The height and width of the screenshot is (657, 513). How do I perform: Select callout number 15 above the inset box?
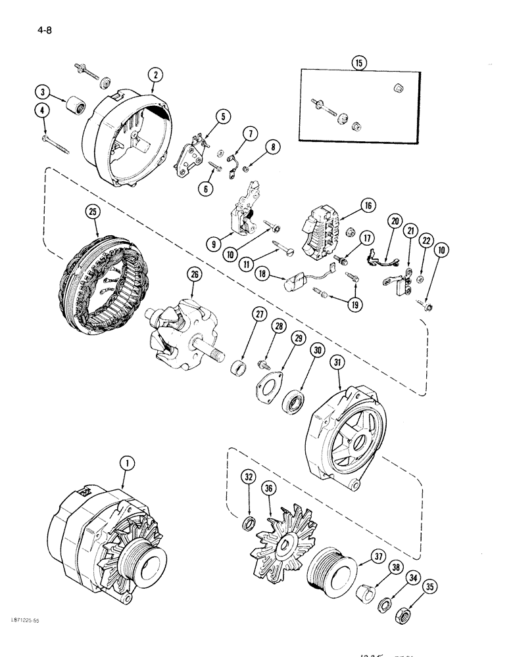point(358,63)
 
